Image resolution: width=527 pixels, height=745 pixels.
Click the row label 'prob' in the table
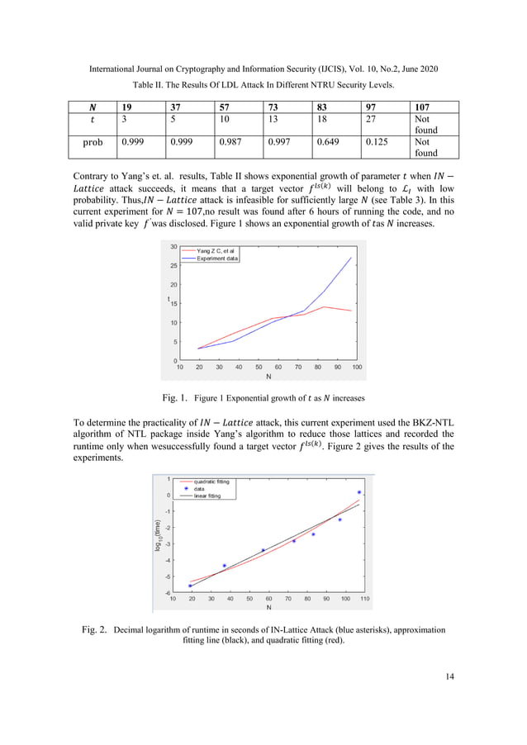pyautogui.click(x=93, y=142)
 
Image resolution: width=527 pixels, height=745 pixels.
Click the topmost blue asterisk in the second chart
pyautogui.click(x=358, y=492)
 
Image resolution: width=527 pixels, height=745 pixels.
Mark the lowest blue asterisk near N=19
pyautogui.click(x=190, y=586)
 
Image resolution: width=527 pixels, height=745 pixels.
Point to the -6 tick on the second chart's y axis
pyautogui.click(x=168, y=592)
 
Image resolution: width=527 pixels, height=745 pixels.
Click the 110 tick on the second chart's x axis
pyautogui.click(x=364, y=599)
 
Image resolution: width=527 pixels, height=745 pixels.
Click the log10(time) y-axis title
pyautogui.click(x=157, y=535)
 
